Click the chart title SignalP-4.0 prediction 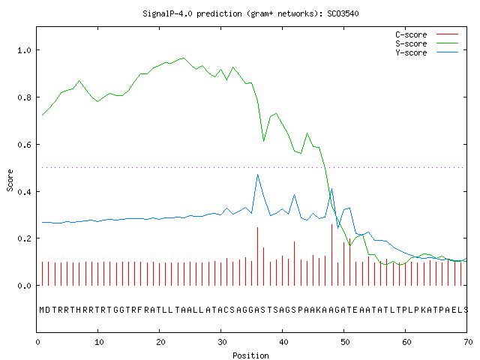pyautogui.click(x=250, y=13)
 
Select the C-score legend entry pyautogui.click(x=427, y=34)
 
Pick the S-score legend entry pyautogui.click(x=427, y=43)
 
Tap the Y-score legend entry pyautogui.click(x=427, y=52)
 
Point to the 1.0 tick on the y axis pyautogui.click(x=24, y=50)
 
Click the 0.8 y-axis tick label pyautogui.click(x=24, y=97)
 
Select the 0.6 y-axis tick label pyautogui.click(x=24, y=145)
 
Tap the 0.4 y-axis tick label pyautogui.click(x=24, y=192)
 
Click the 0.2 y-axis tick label pyautogui.click(x=24, y=238)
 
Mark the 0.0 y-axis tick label pyautogui.click(x=24, y=286)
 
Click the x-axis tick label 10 pyautogui.click(x=98, y=342)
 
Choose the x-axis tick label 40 pyautogui.click(x=283, y=342)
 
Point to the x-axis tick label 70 pyautogui.click(x=468, y=342)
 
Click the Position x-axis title pyautogui.click(x=250, y=355)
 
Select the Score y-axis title pyautogui.click(x=10, y=180)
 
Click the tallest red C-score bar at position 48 pyautogui.click(x=331, y=255)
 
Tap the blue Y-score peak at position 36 pyautogui.click(x=258, y=175)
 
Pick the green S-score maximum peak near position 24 pyautogui.click(x=183, y=58)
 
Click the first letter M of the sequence pyautogui.click(x=42, y=310)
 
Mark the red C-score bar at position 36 pyautogui.click(x=258, y=256)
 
